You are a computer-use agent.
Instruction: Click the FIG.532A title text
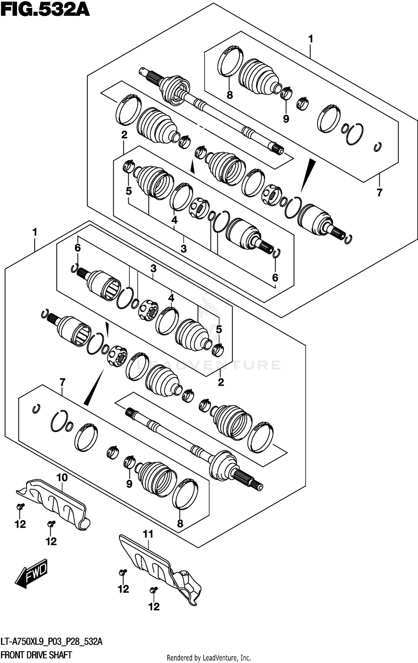point(45,11)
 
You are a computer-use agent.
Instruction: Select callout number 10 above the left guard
point(62,477)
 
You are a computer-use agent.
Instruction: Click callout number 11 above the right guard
point(148,534)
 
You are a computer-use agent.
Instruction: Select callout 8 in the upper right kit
point(230,95)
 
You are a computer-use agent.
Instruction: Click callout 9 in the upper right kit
point(286,119)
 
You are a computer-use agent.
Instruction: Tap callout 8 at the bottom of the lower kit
point(180,524)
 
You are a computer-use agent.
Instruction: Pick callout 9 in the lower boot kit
point(129,484)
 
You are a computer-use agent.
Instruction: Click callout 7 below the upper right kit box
point(379,192)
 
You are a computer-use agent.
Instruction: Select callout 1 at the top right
point(311,39)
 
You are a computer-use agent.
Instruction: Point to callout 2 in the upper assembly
point(124,135)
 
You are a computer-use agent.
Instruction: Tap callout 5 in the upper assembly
point(128,191)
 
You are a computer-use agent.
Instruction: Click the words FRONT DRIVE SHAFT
point(36,655)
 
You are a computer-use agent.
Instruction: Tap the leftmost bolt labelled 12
point(21,506)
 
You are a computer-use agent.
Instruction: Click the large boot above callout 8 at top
point(258,76)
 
